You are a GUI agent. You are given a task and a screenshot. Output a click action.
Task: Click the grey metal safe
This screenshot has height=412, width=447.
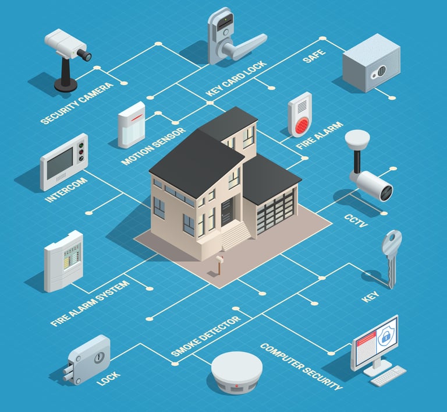[x=371, y=62]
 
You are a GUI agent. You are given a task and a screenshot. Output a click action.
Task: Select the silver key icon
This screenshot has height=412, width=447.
[x=391, y=256]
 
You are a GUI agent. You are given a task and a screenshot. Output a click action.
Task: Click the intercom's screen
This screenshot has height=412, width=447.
[x=60, y=163]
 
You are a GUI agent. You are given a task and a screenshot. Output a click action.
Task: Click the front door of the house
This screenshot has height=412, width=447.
[x=226, y=211]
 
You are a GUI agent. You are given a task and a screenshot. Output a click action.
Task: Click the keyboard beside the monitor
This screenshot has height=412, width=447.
[x=388, y=375]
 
